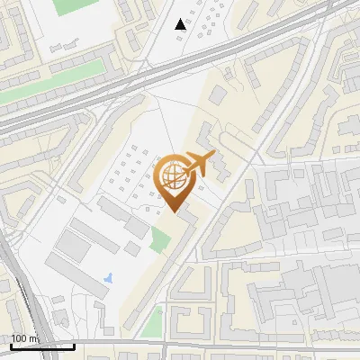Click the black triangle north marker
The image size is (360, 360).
pyautogui.click(x=181, y=24)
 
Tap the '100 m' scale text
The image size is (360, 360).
pyautogui.click(x=24, y=338)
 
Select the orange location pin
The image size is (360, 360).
pyautogui.click(x=175, y=180)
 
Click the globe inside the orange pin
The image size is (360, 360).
pyautogui.click(x=172, y=175)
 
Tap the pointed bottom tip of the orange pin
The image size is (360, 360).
pyautogui.click(x=175, y=210)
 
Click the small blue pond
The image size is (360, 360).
pyautogui.click(x=109, y=277)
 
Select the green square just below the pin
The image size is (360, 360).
pyautogui.click(x=160, y=239)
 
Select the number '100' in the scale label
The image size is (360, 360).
pyautogui.click(x=20, y=338)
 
